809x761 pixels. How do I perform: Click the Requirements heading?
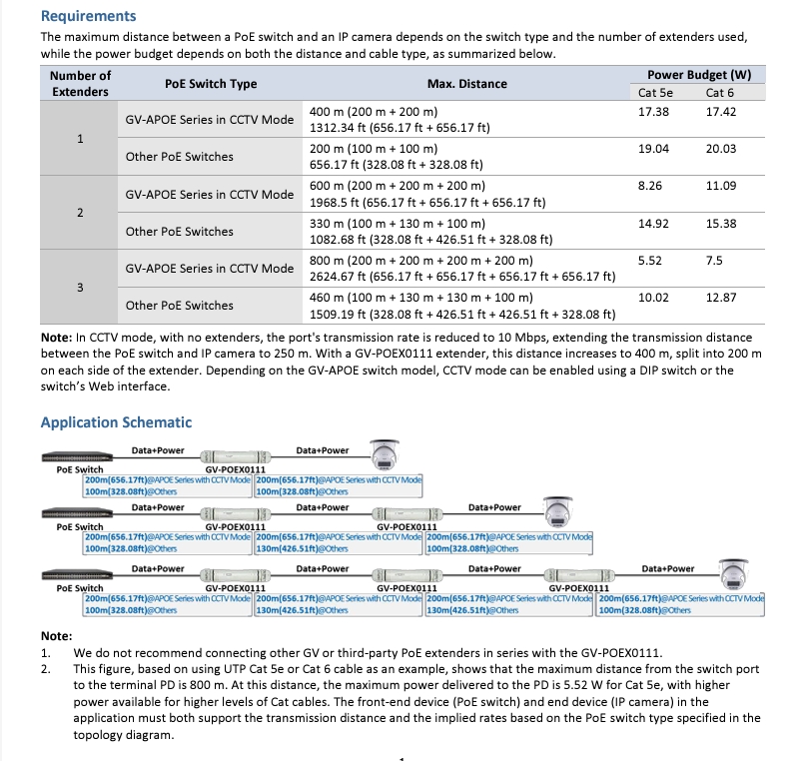point(88,16)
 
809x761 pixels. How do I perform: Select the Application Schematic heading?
point(115,422)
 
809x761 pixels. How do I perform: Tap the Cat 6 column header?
point(719,93)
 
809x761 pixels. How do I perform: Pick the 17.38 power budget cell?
point(652,111)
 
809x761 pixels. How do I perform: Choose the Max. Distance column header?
point(466,84)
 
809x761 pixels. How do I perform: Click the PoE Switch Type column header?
point(210,84)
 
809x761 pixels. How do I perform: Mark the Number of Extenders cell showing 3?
point(80,288)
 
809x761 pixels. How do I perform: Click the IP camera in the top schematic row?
point(385,453)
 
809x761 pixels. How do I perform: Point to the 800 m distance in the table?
point(363,260)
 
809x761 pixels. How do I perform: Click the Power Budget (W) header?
point(699,75)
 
